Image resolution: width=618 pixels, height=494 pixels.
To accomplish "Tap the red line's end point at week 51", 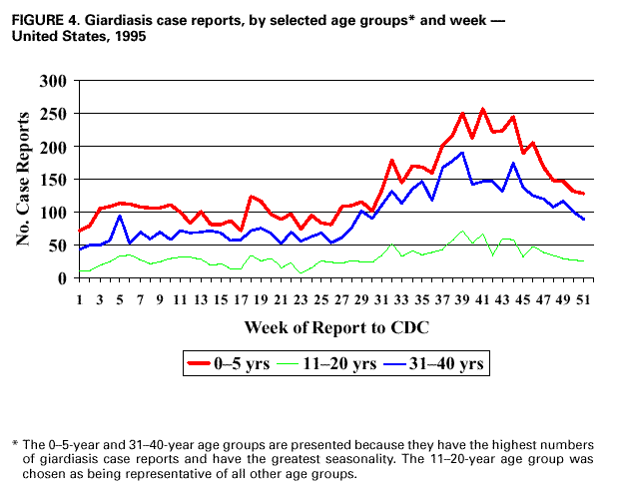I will click(583, 194).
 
